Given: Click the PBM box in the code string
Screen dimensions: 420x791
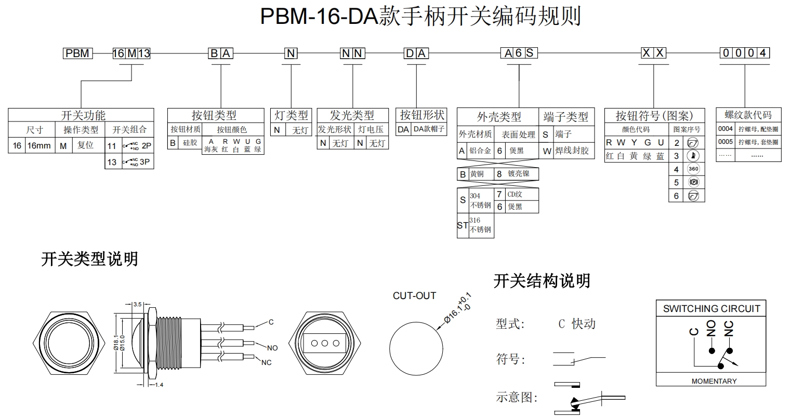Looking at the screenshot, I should click(77, 53).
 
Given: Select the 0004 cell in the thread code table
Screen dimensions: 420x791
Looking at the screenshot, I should click(725, 129).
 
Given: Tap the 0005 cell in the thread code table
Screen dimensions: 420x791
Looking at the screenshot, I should click(725, 142).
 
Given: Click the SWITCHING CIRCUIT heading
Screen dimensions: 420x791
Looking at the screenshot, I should click(711, 309).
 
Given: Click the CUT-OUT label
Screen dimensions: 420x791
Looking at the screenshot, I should click(414, 296).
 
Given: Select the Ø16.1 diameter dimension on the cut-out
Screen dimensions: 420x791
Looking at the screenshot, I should click(458, 310).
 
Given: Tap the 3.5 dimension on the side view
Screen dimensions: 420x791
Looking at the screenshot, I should click(138, 304).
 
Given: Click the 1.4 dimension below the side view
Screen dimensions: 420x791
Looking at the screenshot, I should click(159, 385).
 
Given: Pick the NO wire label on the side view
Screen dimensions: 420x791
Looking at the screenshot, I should click(272, 347).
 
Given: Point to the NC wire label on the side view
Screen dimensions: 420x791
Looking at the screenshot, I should click(266, 362).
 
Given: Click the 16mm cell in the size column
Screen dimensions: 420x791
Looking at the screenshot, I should click(39, 146).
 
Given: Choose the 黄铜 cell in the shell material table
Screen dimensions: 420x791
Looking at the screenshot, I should click(477, 174).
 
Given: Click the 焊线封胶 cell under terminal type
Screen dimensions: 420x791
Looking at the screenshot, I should click(572, 151).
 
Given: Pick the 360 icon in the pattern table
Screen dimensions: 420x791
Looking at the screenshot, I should click(693, 169).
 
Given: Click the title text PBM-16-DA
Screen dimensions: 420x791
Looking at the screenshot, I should click(319, 17).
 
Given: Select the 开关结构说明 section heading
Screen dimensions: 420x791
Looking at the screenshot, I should click(542, 281).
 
